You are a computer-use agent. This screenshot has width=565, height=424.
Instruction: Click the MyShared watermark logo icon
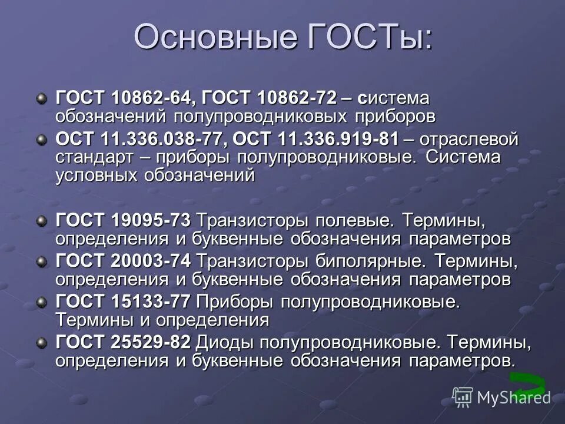pyautogui.click(x=463, y=397)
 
